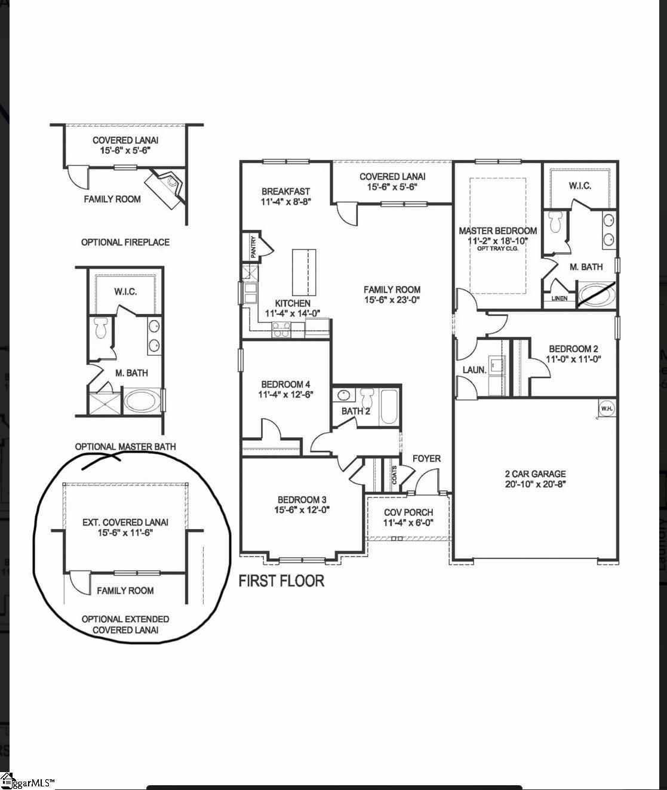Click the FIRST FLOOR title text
click(x=281, y=581)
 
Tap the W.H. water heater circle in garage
click(x=607, y=408)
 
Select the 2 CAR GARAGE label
click(x=535, y=474)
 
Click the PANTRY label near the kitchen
click(x=253, y=247)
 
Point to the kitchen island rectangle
click(x=304, y=269)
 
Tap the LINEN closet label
click(x=560, y=299)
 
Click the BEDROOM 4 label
click(x=285, y=385)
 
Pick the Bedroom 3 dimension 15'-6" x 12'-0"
click(x=302, y=510)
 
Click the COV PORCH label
click(x=408, y=512)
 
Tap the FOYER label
click(x=426, y=459)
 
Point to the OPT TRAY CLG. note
click(x=497, y=248)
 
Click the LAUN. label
click(x=474, y=370)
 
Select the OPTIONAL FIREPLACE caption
click(x=125, y=242)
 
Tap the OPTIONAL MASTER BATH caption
click(x=125, y=447)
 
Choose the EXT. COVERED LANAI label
click(x=125, y=522)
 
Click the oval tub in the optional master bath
click(x=142, y=401)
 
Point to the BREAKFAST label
click(x=285, y=192)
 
